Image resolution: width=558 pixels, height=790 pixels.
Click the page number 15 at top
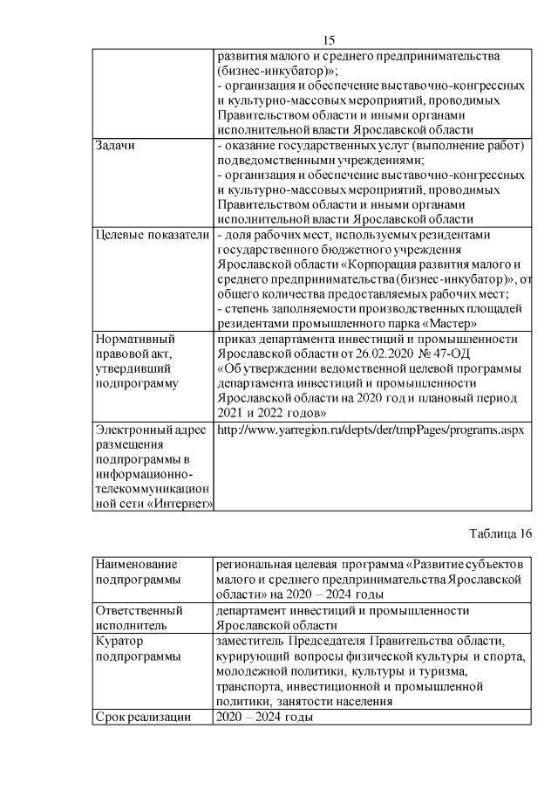coord(329,40)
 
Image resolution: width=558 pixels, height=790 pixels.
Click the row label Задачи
coord(115,145)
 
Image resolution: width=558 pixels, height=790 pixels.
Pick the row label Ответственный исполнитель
coord(138,619)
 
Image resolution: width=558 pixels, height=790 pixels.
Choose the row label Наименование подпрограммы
coord(135,571)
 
